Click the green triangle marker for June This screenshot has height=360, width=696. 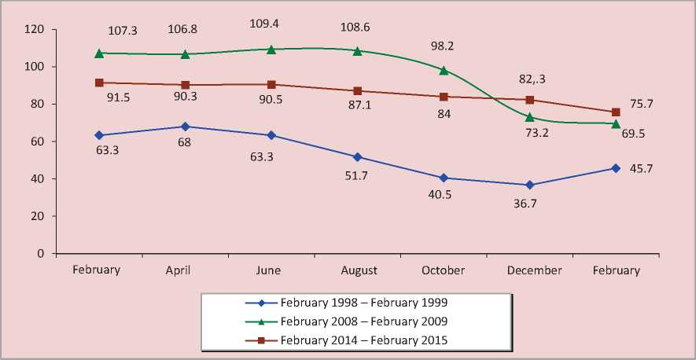point(271,49)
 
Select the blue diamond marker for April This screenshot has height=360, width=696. point(185,126)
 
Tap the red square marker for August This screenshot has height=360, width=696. point(358,91)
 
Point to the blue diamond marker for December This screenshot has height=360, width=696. point(530,185)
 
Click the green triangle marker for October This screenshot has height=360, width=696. point(444,70)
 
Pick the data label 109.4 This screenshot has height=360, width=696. point(271,22)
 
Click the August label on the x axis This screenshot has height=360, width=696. point(359,270)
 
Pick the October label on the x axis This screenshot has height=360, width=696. point(444,270)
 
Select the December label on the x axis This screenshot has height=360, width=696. point(534,270)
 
